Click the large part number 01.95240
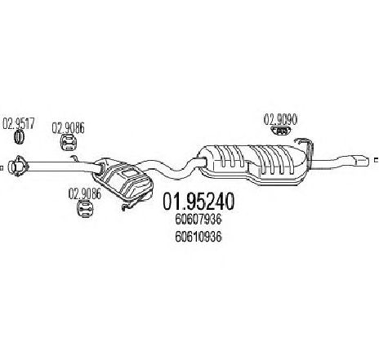tap(198, 202)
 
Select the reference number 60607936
tap(198, 220)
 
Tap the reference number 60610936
tap(198, 237)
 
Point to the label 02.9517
tap(19, 123)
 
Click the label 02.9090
tap(280, 120)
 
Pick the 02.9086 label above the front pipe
tap(68, 127)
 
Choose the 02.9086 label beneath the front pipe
tap(85, 193)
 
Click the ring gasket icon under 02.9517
tap(19, 137)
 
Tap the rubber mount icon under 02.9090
tap(282, 131)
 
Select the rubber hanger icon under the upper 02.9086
tap(69, 142)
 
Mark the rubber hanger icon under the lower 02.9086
tap(86, 209)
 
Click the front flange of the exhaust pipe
tap(17, 166)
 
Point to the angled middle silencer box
tap(123, 178)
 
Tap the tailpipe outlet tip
tap(362, 160)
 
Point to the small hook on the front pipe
tap(74, 158)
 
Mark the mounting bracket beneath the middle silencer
tap(134, 202)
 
